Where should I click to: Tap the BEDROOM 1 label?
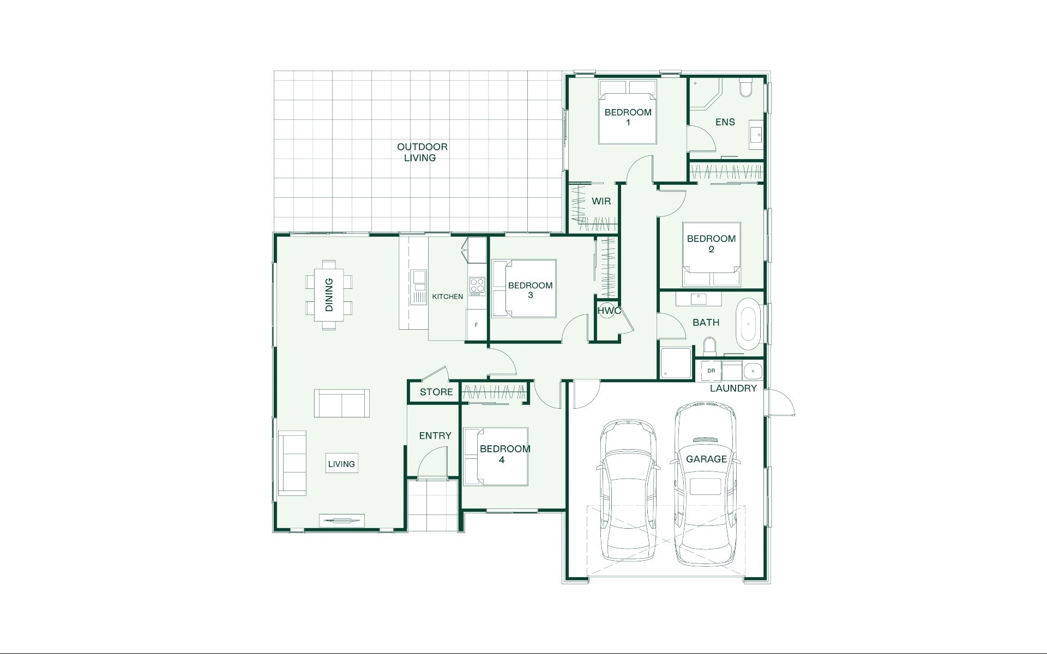click(x=628, y=117)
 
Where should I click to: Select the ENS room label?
click(x=725, y=122)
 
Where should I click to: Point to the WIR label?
click(x=601, y=201)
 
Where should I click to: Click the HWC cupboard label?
click(x=609, y=311)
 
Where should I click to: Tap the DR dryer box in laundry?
click(x=711, y=371)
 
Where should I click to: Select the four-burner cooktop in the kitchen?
click(x=477, y=286)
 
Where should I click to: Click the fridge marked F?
click(x=476, y=325)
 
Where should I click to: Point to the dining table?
click(x=329, y=295)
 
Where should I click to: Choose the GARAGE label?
click(x=706, y=459)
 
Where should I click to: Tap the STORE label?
click(x=436, y=392)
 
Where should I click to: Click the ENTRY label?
click(x=435, y=435)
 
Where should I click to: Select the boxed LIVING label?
click(x=341, y=464)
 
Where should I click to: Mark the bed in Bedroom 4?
click(x=496, y=456)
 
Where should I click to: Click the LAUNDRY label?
click(x=733, y=388)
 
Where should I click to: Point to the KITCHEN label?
click(x=448, y=296)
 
